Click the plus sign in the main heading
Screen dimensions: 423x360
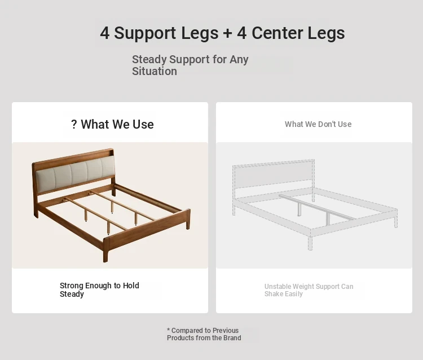coord(227,33)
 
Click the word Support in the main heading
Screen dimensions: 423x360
coord(145,33)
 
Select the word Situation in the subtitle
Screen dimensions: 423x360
coord(155,71)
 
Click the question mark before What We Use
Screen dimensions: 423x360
coord(74,124)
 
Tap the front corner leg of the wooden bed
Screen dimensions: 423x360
coord(105,249)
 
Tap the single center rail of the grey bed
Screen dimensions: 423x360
coord(318,207)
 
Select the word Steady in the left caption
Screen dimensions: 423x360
coord(72,294)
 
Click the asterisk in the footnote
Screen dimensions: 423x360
coord(168,330)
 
